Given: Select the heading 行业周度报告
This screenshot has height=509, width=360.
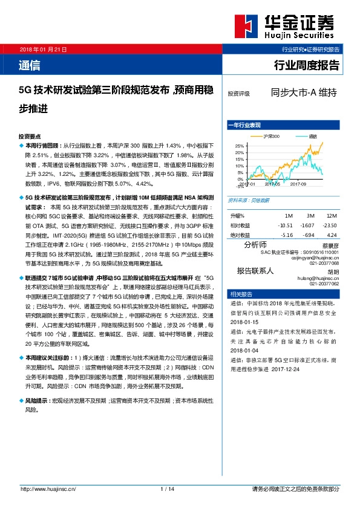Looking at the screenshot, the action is tap(307, 65).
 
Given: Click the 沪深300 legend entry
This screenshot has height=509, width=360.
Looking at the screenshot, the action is tap(272, 136).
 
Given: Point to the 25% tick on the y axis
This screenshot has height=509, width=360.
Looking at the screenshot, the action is tap(239, 146).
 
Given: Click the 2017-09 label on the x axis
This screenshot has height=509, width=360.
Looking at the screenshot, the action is tap(299, 184).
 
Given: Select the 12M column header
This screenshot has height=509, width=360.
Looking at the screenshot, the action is tap(331, 216).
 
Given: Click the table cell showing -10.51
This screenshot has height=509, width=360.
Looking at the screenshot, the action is tap(286, 225).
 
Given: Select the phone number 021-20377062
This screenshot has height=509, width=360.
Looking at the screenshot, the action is tap(324, 283).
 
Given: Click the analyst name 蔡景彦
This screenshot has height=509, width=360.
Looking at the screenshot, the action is tap(330, 245).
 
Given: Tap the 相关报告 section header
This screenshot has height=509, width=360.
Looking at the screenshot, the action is tap(240, 294).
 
